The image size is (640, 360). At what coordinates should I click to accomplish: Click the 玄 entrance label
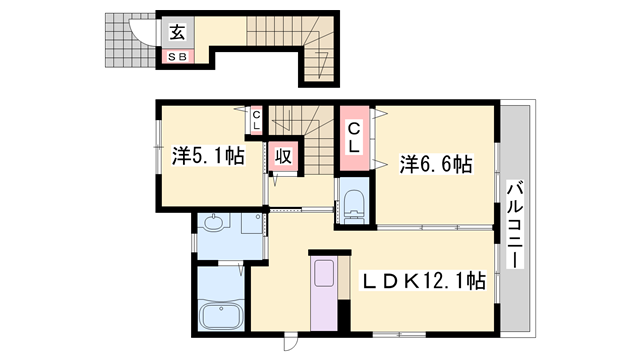tap(178, 32)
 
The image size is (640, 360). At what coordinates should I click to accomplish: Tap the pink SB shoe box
tap(178, 57)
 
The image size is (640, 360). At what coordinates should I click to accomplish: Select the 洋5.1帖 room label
tap(208, 156)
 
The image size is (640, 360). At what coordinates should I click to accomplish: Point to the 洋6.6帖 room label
tap(436, 164)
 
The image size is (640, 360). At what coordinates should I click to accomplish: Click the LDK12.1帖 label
tap(422, 281)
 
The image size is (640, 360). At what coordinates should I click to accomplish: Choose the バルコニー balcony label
tap(515, 224)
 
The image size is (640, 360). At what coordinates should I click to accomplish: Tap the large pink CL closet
tap(354, 138)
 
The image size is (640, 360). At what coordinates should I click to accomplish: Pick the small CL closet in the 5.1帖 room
tap(256, 120)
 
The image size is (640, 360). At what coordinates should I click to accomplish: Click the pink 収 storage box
tap(283, 156)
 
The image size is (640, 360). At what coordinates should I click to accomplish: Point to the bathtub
tap(220, 315)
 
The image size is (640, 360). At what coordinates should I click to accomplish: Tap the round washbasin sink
tap(212, 223)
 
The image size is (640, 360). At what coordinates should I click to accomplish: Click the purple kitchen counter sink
tap(323, 273)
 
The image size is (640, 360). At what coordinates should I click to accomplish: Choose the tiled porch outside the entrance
tap(130, 40)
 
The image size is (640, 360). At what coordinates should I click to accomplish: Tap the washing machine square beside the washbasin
tap(251, 223)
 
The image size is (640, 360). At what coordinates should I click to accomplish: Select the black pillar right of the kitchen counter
tap(344, 315)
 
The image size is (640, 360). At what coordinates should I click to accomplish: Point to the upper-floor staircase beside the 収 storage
tap(311, 140)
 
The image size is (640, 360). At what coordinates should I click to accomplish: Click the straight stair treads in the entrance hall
tap(274, 31)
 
